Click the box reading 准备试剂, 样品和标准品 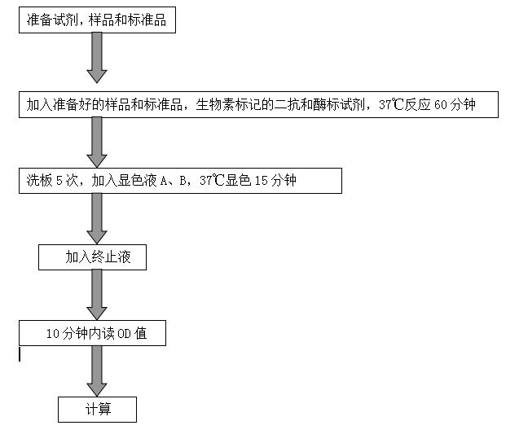click(x=97, y=20)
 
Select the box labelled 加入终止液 click(x=92, y=257)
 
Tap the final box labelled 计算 click(x=97, y=410)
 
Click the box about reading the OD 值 click(x=92, y=333)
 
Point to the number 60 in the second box click(x=441, y=105)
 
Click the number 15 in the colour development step click(x=262, y=181)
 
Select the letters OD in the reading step click(x=124, y=334)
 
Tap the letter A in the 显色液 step click(x=164, y=181)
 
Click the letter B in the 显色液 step click(x=183, y=181)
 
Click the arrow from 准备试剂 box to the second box click(x=97, y=58)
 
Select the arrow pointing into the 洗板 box click(x=97, y=143)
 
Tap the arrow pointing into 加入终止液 click(x=97, y=219)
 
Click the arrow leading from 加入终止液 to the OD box click(x=97, y=295)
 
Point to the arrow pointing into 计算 click(x=97, y=371)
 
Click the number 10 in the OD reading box click(x=53, y=334)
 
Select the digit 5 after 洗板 click(x=59, y=181)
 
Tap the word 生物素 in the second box click(x=215, y=105)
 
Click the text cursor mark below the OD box click(x=20, y=354)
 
